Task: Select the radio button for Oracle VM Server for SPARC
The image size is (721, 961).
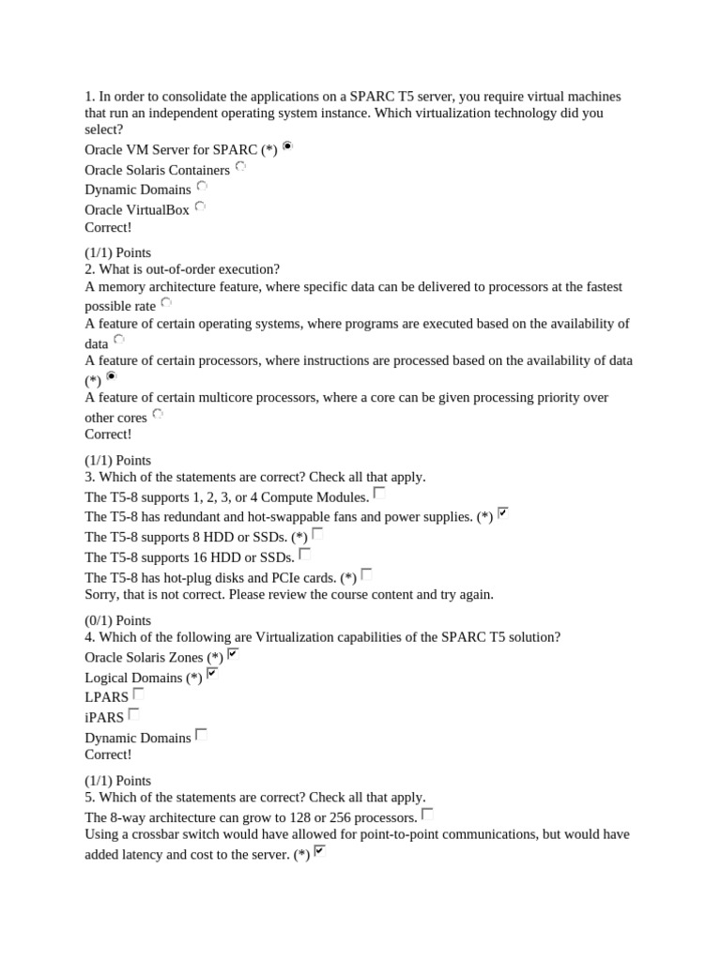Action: tap(287, 145)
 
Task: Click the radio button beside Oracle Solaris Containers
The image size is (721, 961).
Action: tap(240, 166)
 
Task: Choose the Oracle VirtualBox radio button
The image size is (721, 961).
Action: tap(200, 206)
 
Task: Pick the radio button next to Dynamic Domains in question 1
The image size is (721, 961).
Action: tap(202, 186)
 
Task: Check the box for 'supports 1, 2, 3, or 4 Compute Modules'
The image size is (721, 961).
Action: tap(379, 492)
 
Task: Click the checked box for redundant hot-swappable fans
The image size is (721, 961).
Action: tap(503, 512)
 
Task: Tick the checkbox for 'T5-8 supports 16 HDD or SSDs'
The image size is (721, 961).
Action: tap(305, 554)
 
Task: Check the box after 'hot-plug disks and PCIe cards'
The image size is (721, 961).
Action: tap(367, 573)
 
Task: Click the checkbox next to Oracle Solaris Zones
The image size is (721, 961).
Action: tap(233, 653)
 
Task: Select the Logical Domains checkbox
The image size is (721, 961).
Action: tap(212, 673)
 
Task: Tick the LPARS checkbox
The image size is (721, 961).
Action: tap(138, 694)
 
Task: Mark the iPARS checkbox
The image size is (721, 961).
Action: tap(134, 713)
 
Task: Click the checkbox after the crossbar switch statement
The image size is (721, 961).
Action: tap(320, 850)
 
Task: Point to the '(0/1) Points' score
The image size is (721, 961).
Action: tap(117, 620)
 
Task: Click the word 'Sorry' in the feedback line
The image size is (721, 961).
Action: tap(102, 594)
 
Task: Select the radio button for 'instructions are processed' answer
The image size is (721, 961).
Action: tap(112, 376)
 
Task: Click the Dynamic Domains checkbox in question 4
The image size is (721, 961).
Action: tap(201, 734)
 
